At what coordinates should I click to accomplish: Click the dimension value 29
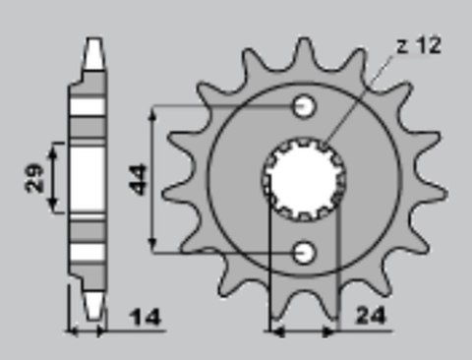35,177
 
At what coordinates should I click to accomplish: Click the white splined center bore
305,179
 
